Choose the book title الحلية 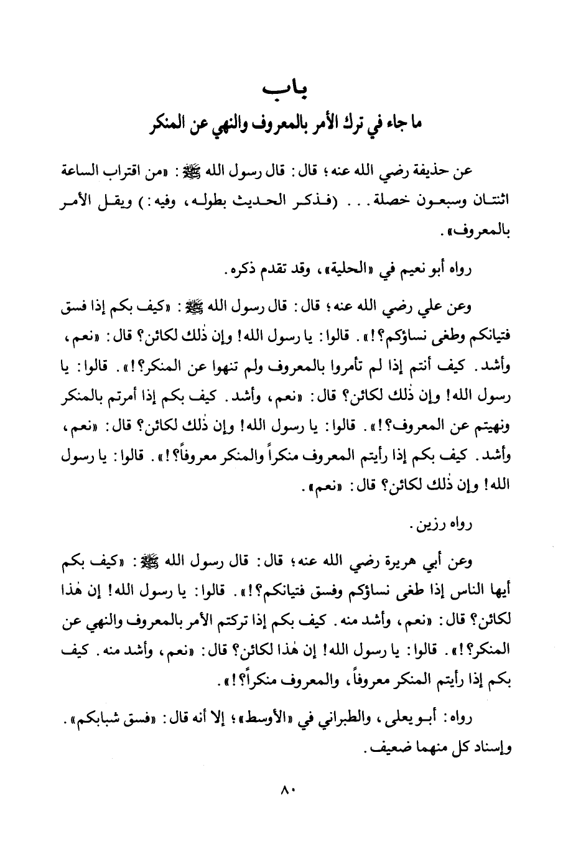pyautogui.click(x=336, y=272)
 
